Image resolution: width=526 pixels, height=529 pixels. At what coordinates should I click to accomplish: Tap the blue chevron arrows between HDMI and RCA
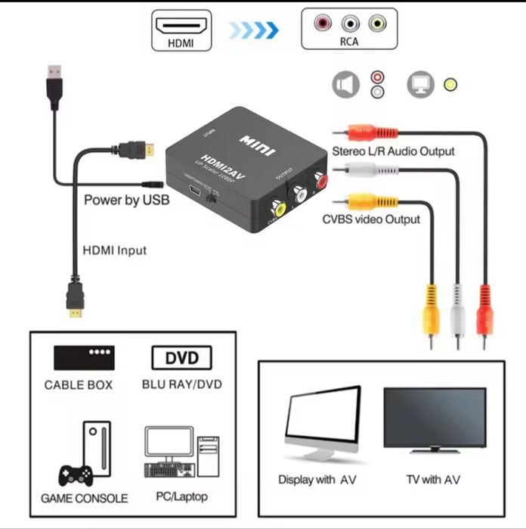[254, 30]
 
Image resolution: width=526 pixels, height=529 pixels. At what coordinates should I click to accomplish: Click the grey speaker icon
[346, 85]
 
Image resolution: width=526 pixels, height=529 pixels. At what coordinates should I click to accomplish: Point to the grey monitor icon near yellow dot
[419, 85]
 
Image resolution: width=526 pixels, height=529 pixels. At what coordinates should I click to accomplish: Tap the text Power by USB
[126, 201]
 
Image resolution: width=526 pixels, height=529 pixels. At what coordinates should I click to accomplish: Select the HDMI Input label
[114, 250]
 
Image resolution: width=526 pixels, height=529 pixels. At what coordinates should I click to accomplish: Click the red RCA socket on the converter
[320, 182]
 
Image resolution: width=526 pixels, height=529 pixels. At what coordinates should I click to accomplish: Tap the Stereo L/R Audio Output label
[393, 151]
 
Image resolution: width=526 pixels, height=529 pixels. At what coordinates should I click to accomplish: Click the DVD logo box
[181, 357]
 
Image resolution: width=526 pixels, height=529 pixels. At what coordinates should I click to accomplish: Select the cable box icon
[84, 356]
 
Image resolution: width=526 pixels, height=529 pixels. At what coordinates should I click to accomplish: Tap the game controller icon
[75, 475]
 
